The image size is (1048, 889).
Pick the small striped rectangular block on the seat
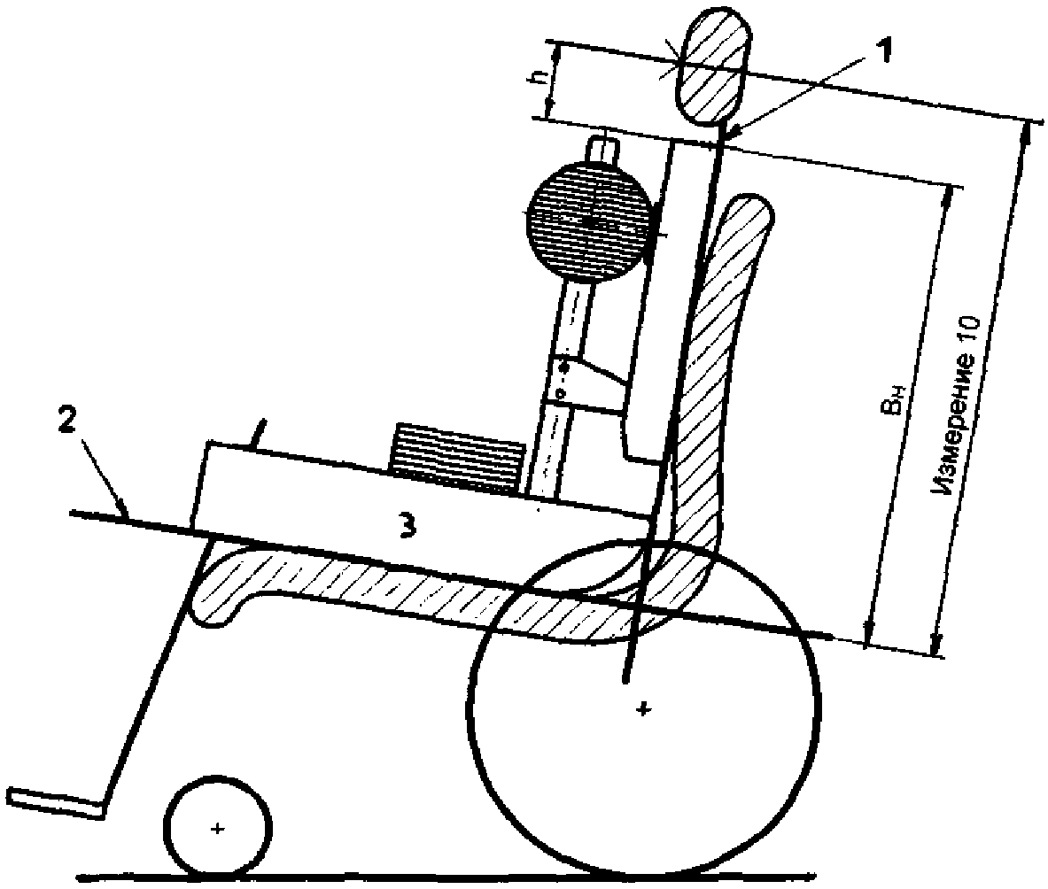pos(455,457)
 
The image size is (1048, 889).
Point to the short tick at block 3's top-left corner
pos(260,433)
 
